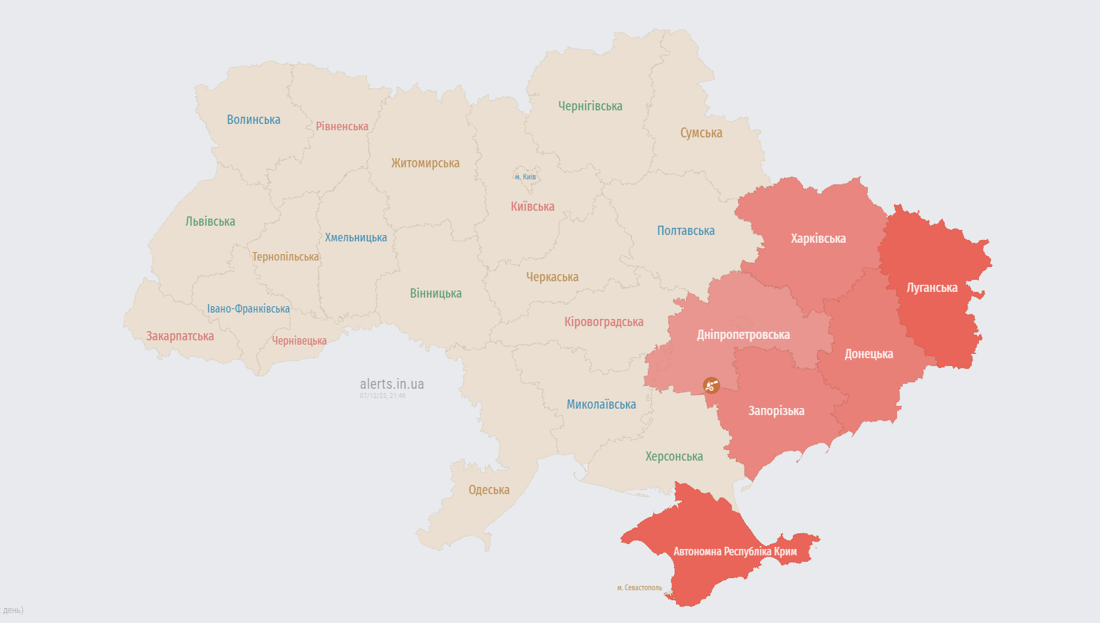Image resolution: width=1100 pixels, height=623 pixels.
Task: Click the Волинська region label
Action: click(x=254, y=120)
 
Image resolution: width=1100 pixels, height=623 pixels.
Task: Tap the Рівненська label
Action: click(x=342, y=126)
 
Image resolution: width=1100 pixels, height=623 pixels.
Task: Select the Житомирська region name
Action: click(x=425, y=163)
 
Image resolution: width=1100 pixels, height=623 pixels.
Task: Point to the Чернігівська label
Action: click(x=590, y=106)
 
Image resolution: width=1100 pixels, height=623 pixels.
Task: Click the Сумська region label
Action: click(x=701, y=133)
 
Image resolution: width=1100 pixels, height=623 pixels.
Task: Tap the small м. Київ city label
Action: click(x=525, y=177)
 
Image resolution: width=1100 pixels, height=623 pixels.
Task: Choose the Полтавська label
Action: click(x=685, y=231)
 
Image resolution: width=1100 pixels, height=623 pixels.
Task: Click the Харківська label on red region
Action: click(x=818, y=239)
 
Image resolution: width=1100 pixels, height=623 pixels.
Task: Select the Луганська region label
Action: click(x=932, y=288)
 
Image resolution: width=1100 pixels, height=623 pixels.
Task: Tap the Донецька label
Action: click(x=868, y=354)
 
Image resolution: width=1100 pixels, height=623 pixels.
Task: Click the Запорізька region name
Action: click(x=776, y=411)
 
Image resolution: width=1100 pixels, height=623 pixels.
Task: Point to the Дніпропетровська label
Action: click(x=743, y=335)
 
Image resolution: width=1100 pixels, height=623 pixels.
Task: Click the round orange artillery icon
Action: click(x=711, y=385)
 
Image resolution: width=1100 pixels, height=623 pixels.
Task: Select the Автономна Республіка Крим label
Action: click(x=735, y=551)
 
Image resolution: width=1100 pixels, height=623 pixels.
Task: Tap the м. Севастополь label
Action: click(x=639, y=588)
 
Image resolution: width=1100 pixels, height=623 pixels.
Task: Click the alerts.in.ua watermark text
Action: click(x=392, y=384)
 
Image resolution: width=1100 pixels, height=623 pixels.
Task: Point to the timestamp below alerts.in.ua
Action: click(x=383, y=396)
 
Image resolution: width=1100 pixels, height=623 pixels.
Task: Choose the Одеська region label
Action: click(x=489, y=490)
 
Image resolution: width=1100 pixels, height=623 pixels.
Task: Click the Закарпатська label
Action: click(x=180, y=336)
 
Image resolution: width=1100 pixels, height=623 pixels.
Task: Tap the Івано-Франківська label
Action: click(x=248, y=309)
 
